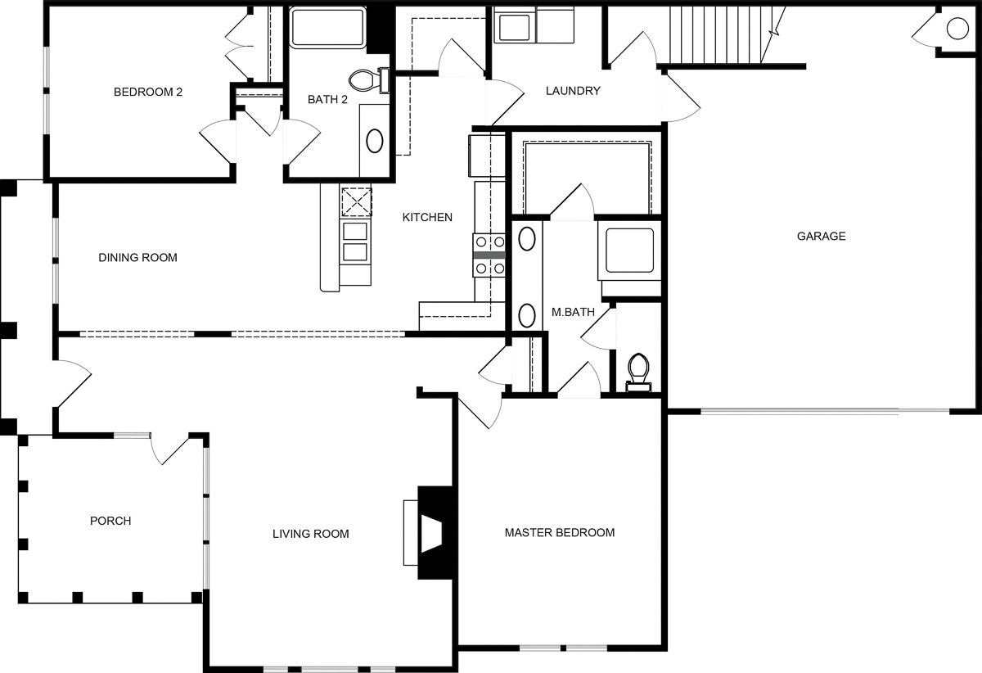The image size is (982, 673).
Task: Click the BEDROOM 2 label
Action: tap(147, 92)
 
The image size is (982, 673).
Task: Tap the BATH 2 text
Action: tap(328, 100)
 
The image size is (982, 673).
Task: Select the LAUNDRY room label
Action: tap(573, 91)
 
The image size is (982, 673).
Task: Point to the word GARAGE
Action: tap(821, 237)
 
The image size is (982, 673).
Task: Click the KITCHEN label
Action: tap(427, 217)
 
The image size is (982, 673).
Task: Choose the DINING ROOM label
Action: tap(137, 258)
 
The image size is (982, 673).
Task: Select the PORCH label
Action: tap(110, 521)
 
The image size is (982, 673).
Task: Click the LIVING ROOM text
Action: tap(310, 534)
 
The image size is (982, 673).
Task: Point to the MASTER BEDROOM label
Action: tap(559, 532)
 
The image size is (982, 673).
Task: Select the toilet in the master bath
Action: tap(637, 368)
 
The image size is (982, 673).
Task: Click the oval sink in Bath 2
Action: tap(375, 141)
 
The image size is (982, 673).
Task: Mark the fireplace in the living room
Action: tap(430, 533)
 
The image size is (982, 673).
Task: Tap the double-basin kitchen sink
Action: tap(355, 242)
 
